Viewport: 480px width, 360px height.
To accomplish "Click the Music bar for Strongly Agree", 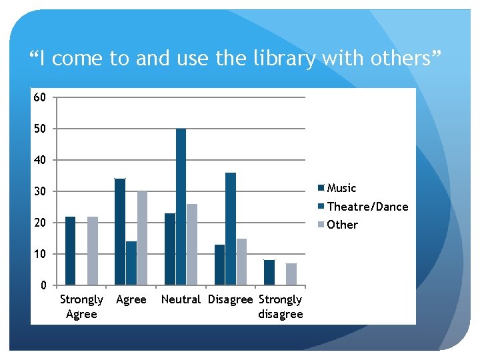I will point(70,251).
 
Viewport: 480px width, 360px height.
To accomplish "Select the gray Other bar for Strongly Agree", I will point(92,251).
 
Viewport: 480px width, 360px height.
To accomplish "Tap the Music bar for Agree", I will point(120,232).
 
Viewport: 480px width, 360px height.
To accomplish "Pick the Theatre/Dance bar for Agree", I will point(131,263).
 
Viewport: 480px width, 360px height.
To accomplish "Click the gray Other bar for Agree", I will point(142,238).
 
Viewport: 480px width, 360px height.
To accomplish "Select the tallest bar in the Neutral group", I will point(181,207).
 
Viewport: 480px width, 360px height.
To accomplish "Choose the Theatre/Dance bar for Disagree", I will point(231,229).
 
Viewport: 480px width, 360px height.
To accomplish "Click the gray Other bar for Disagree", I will point(241,261).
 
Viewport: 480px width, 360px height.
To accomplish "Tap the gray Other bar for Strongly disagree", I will point(291,274).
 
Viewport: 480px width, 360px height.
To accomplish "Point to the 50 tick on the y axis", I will point(40,129).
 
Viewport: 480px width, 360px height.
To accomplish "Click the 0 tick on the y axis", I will point(43,285).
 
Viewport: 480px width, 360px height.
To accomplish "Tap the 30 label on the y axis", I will point(40,191).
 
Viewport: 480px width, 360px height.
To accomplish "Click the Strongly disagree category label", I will point(280,307).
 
